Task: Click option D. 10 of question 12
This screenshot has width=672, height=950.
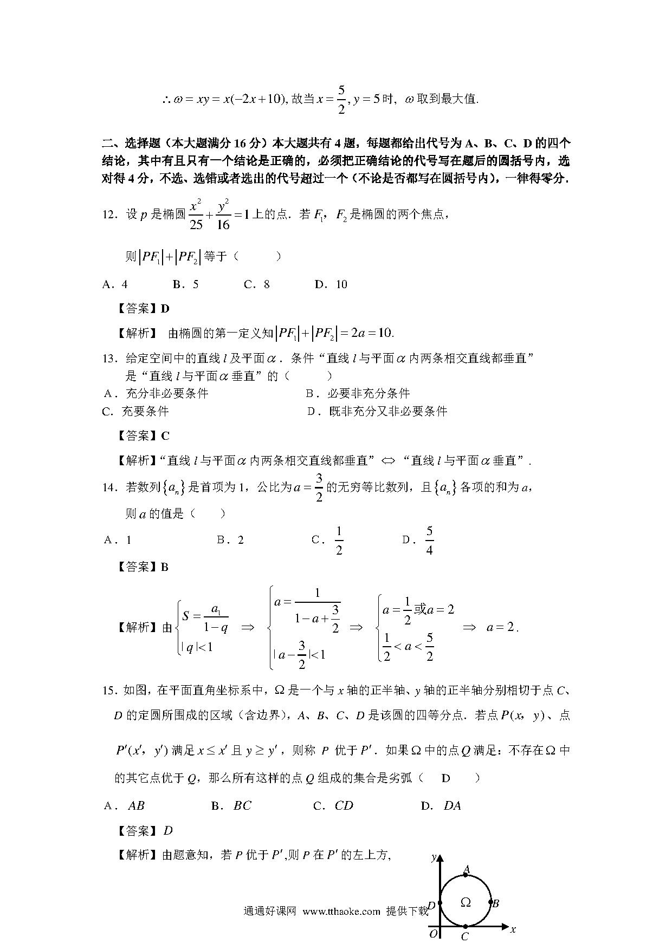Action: click(331, 284)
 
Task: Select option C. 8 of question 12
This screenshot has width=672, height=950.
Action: click(257, 284)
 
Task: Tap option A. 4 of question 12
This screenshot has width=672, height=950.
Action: click(115, 284)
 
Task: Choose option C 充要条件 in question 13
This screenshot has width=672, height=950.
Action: click(135, 411)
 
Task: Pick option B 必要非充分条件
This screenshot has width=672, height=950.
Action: click(358, 393)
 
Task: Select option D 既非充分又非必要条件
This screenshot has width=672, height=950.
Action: click(377, 411)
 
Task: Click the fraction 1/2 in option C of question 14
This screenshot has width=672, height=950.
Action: click(339, 541)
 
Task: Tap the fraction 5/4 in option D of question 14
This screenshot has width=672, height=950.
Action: click(429, 541)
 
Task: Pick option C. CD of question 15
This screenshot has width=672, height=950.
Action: click(334, 805)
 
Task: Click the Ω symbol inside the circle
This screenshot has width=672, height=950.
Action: click(465, 902)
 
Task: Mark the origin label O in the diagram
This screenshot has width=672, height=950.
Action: click(433, 934)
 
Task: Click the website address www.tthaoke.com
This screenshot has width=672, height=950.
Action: click(341, 912)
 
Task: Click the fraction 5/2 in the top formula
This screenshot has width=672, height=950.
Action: click(341, 99)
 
